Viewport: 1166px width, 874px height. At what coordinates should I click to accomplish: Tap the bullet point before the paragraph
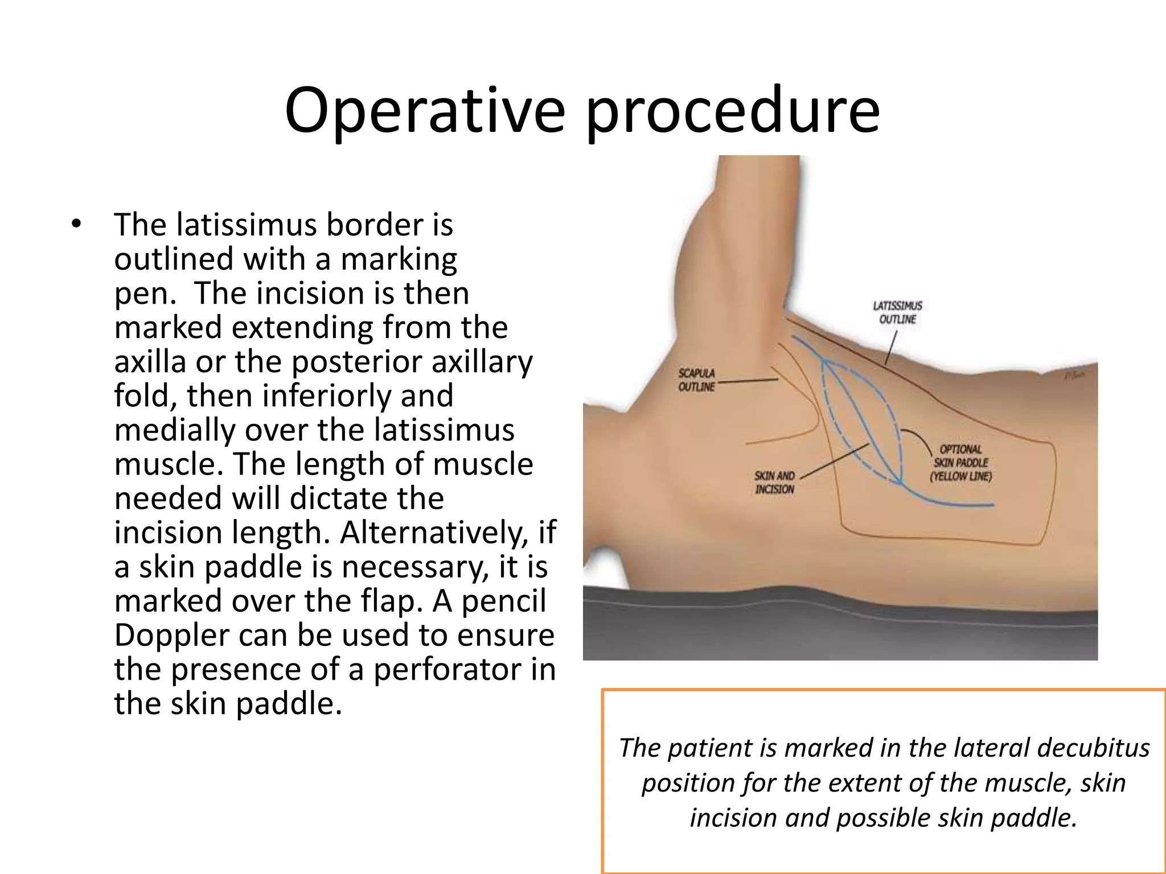76,224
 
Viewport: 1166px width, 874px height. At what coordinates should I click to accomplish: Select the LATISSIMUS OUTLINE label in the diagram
897,312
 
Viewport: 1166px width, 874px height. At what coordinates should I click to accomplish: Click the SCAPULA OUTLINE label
696,380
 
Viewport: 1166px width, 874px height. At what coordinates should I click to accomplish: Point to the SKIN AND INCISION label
774,483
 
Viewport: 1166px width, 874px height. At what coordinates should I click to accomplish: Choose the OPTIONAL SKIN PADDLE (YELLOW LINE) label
960,463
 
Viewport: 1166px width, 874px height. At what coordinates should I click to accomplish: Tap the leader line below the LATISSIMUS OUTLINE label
891,347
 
